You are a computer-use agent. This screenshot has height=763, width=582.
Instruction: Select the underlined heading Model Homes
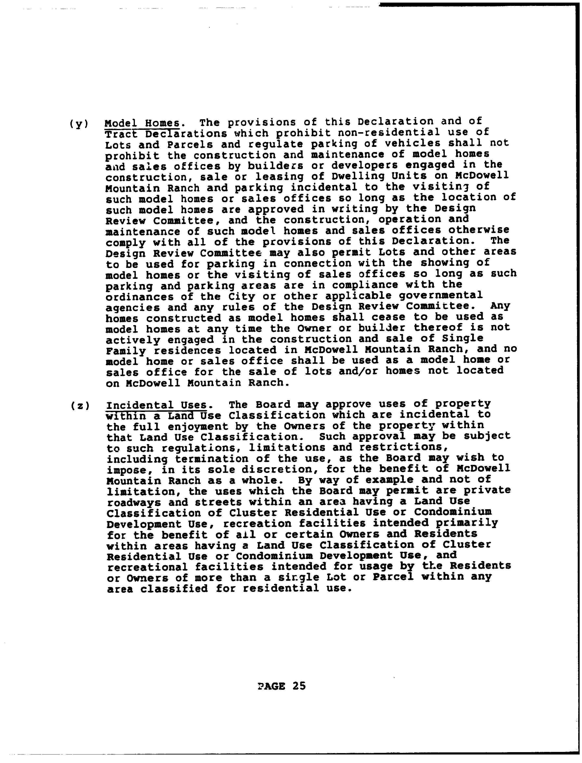[x=142, y=123]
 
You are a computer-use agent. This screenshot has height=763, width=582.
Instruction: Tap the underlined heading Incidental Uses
[x=157, y=405]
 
